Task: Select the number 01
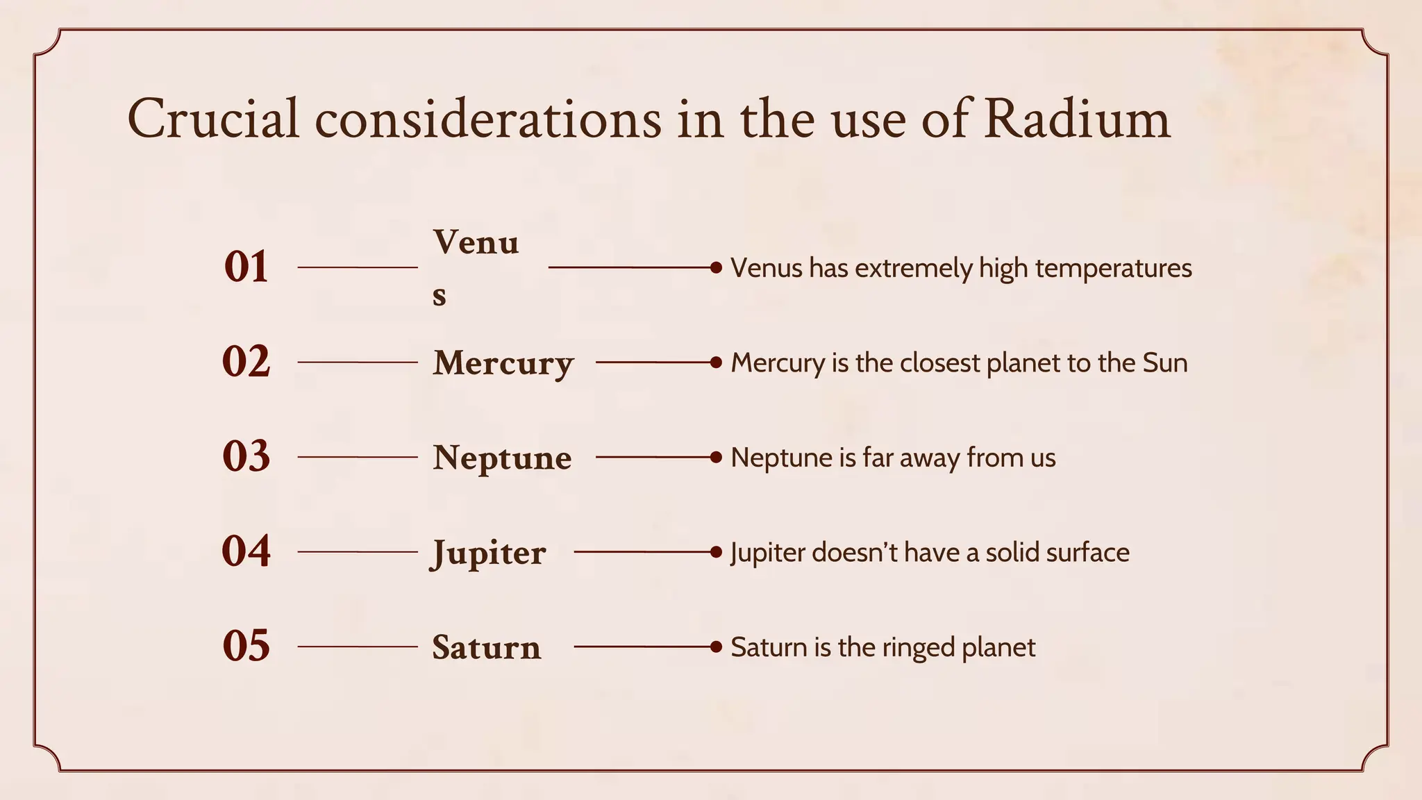tap(246, 267)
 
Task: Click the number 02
tap(246, 362)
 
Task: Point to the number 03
tap(246, 457)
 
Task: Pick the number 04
tap(246, 551)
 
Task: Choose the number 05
tap(246, 646)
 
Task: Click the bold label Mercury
tap(503, 363)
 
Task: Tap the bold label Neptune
tap(502, 458)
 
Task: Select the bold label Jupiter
tap(489, 553)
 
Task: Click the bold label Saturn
tap(486, 647)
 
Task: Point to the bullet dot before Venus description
tap(717, 267)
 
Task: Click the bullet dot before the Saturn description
tap(717, 647)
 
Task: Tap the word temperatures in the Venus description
tap(1113, 268)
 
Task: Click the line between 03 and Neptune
tap(358, 457)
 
